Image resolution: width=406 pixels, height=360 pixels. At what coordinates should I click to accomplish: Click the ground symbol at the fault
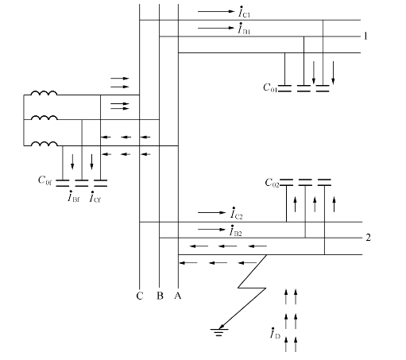[x=219, y=332]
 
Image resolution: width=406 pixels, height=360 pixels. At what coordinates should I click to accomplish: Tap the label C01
[x=270, y=87]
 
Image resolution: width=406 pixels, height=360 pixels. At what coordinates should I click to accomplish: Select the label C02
[x=272, y=183]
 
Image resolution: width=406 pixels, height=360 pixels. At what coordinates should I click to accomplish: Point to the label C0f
[x=44, y=180]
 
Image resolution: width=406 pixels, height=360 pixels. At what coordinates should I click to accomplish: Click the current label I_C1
[x=244, y=12]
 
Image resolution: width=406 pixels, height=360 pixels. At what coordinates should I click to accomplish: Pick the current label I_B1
[x=244, y=29]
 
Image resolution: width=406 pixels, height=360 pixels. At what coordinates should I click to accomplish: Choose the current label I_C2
[x=236, y=213]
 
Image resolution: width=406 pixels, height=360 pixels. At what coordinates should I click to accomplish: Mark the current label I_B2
[x=236, y=230]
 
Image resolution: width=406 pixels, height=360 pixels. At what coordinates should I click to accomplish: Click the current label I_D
[x=275, y=333]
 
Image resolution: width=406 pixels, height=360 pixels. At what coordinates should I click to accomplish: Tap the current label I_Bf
[x=73, y=196]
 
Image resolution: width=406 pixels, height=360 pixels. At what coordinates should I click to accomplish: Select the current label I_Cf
[x=95, y=196]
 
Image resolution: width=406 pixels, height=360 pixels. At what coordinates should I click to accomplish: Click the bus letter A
[x=178, y=296]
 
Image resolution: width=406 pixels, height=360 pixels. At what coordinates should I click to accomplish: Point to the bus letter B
[x=160, y=296]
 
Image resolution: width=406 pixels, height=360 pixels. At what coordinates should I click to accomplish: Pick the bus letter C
[x=140, y=296]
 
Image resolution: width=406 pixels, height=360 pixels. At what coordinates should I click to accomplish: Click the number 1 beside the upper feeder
[x=365, y=36]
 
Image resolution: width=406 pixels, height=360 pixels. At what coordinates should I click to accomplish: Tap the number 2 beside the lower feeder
[x=368, y=238]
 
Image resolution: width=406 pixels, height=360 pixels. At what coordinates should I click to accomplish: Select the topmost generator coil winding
[x=44, y=93]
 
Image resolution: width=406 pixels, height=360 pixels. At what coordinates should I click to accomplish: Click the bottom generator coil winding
[x=44, y=144]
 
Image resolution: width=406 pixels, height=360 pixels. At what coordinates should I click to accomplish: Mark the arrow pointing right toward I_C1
[x=216, y=11]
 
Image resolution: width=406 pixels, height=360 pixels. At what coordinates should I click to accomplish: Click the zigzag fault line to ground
[x=252, y=288]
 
